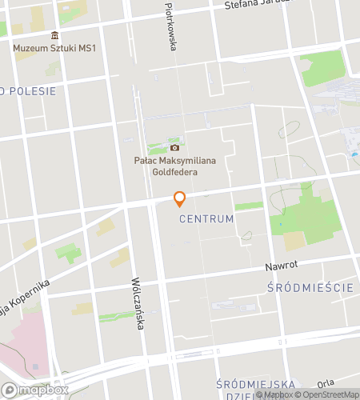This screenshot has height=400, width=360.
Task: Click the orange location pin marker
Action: click(x=180, y=198)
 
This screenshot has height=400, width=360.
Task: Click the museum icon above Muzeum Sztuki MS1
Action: click(x=54, y=36)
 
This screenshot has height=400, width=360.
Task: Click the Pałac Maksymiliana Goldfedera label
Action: click(x=175, y=166)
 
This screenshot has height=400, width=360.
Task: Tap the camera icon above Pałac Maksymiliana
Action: click(x=174, y=147)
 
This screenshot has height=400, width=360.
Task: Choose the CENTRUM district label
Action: click(x=206, y=218)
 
